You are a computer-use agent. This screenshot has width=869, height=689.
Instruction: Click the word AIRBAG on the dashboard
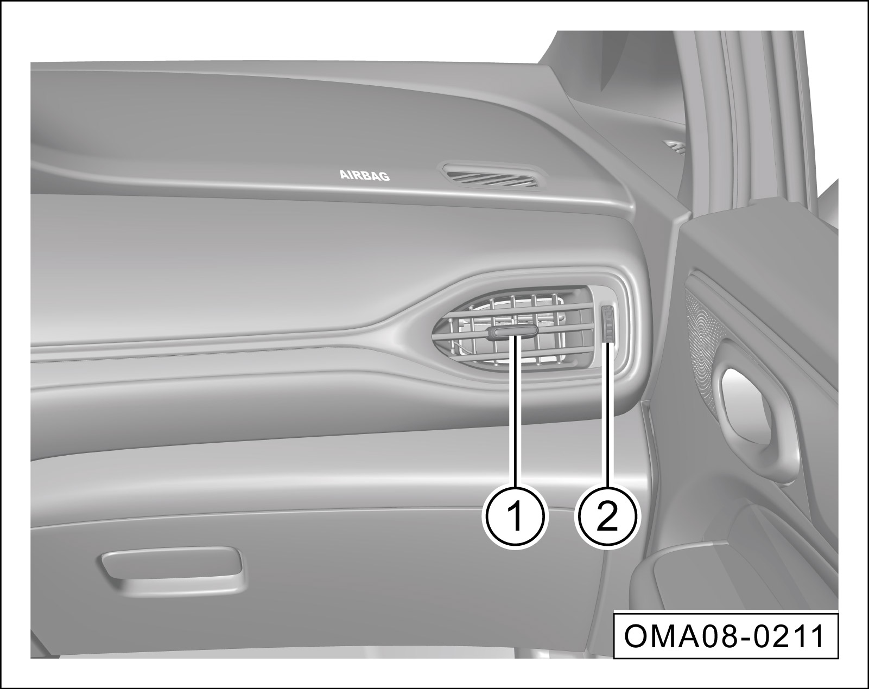click(364, 175)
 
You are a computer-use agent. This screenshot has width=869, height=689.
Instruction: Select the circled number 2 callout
click(607, 517)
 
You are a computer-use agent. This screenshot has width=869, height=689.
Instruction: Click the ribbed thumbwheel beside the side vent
click(607, 324)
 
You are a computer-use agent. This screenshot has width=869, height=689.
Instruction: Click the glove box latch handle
click(172, 569)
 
